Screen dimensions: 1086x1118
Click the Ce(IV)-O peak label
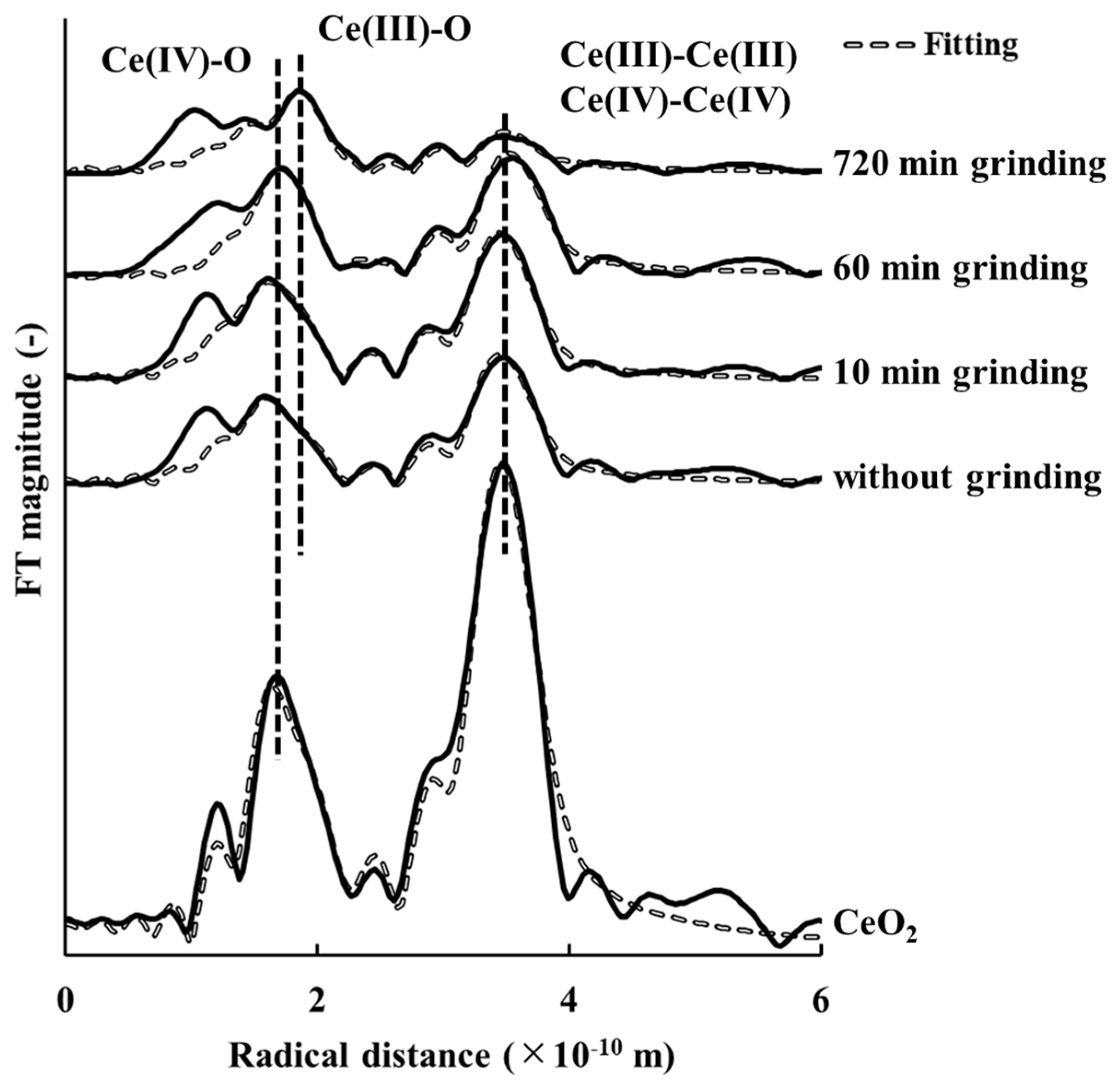(x=176, y=62)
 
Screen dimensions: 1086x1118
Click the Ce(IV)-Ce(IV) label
(x=676, y=103)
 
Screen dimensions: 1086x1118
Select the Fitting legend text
(x=972, y=46)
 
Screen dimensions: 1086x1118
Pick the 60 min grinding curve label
(x=961, y=268)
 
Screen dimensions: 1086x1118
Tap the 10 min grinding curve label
(x=961, y=373)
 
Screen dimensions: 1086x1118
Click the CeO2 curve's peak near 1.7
(x=278, y=677)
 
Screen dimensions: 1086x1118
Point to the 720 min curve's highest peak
(x=300, y=90)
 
